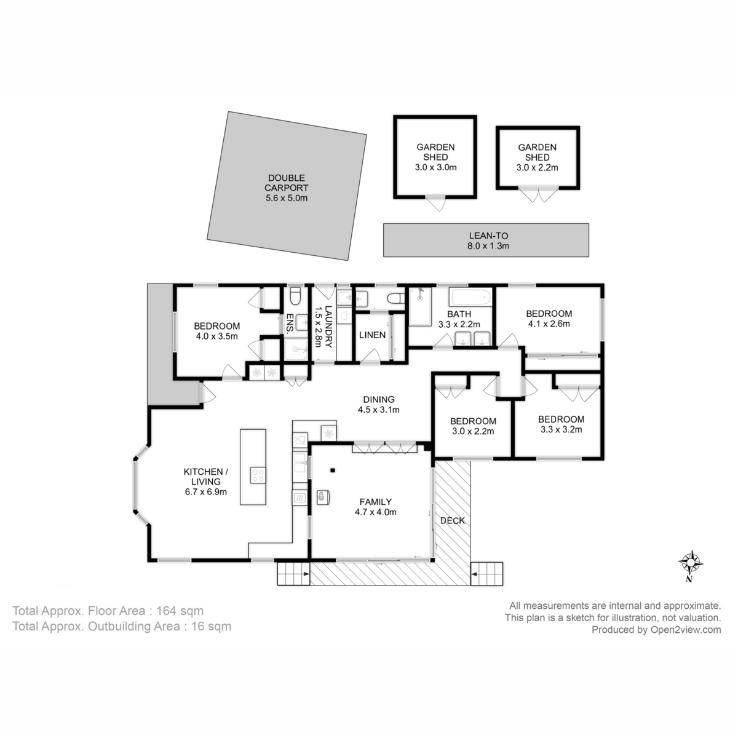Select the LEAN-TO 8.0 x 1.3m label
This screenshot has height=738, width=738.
[x=486, y=240]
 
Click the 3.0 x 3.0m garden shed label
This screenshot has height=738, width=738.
[x=435, y=157]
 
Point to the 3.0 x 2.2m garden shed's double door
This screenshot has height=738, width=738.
[x=538, y=196]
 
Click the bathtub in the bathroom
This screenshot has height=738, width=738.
[x=470, y=299]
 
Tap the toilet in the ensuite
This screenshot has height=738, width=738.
[x=295, y=296]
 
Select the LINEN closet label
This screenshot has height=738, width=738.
[x=372, y=335]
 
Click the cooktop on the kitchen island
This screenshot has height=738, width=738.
[x=258, y=475]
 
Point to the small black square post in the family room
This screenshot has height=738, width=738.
[x=333, y=471]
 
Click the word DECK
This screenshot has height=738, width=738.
[x=452, y=520]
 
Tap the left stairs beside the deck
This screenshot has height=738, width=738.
[x=293, y=574]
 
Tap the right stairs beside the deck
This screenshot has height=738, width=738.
[x=488, y=574]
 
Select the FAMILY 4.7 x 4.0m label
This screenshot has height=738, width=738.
[x=371, y=506]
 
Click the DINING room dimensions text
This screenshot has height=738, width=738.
[x=379, y=410]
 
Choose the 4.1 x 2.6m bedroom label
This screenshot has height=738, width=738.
[x=549, y=318]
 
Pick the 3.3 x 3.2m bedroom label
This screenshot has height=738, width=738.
[x=560, y=424]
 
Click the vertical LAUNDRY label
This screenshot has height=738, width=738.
[x=328, y=327]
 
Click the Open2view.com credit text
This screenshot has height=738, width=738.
[x=656, y=629]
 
